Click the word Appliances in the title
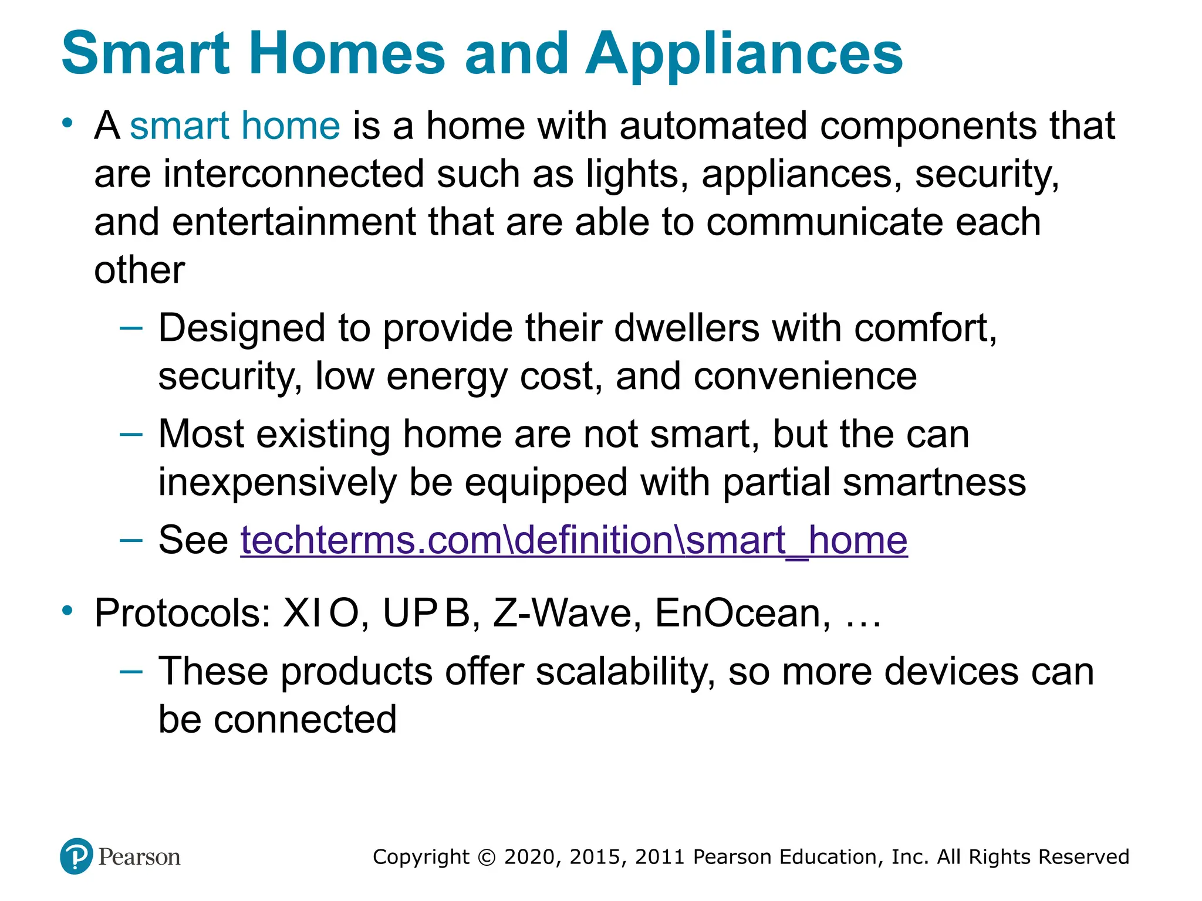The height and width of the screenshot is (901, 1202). click(x=744, y=54)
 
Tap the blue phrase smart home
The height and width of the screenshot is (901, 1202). click(x=235, y=126)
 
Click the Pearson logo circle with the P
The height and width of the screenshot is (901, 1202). click(x=76, y=856)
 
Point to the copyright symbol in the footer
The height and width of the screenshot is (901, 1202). click(x=487, y=857)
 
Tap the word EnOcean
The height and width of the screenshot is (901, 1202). click(x=742, y=614)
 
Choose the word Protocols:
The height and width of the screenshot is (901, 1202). click(x=183, y=614)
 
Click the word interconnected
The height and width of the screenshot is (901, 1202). click(x=293, y=174)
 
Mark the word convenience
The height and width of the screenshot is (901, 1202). click(x=805, y=376)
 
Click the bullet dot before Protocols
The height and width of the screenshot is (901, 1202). click(x=68, y=611)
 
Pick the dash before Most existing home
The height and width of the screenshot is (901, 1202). click(x=130, y=435)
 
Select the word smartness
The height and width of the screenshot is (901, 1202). click(x=934, y=482)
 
